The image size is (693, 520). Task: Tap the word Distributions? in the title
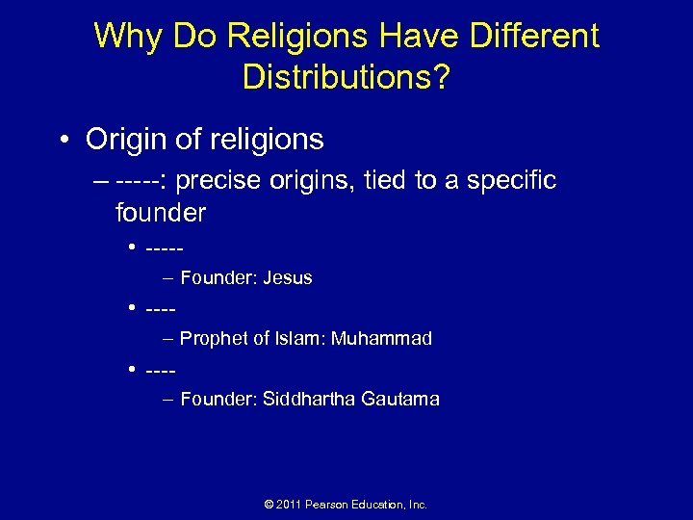(346, 77)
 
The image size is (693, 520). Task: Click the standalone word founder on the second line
(160, 212)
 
